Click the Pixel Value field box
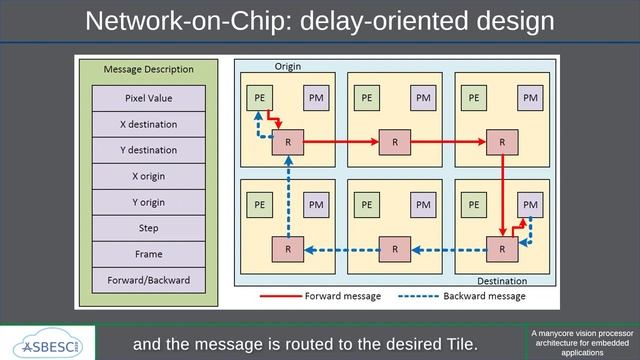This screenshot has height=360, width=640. point(148,98)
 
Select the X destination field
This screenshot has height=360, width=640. point(148,124)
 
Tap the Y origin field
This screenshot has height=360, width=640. point(148,202)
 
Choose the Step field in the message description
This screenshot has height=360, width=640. point(148,228)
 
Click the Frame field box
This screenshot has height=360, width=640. point(148,254)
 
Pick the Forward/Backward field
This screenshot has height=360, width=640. point(148,280)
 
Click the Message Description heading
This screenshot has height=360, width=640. point(148,70)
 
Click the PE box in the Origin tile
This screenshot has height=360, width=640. point(258,97)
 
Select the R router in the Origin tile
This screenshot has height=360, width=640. point(288,142)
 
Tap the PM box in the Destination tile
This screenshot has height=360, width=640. point(530,205)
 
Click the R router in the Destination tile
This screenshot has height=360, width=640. point(501,249)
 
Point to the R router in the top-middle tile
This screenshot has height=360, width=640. point(395,142)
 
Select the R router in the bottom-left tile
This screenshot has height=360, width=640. point(288,249)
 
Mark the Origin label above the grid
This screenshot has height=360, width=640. point(288,66)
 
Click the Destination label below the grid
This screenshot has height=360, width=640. point(501,281)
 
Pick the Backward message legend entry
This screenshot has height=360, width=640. point(485,296)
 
